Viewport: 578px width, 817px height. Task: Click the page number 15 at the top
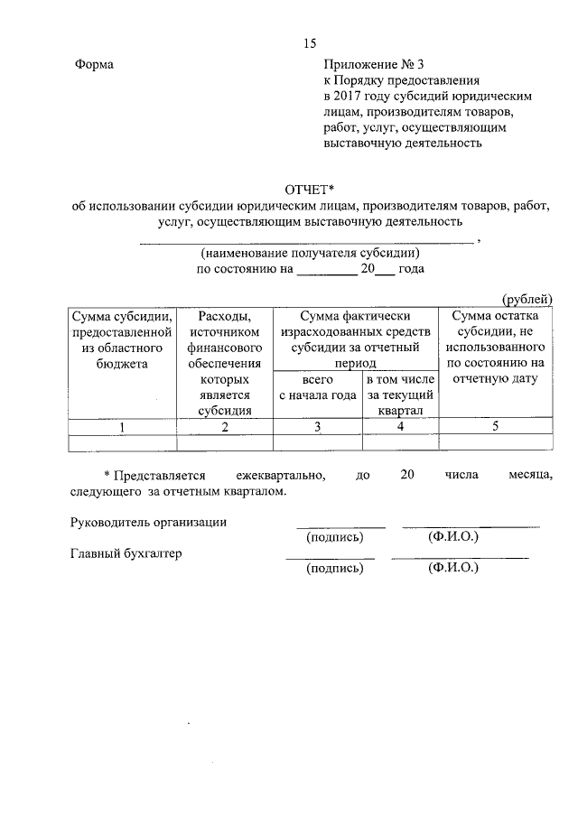point(310,43)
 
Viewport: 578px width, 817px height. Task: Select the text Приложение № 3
point(373,65)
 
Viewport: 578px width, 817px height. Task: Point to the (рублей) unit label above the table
point(527,300)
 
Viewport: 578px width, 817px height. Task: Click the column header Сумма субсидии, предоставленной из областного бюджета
point(122,339)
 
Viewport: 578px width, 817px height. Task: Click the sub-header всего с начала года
point(317,387)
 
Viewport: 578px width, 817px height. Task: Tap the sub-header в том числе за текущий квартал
point(400,395)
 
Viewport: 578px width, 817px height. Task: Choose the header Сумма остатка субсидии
point(495,347)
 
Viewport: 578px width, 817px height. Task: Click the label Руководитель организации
point(148,522)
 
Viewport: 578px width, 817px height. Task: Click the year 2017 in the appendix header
point(349,96)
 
